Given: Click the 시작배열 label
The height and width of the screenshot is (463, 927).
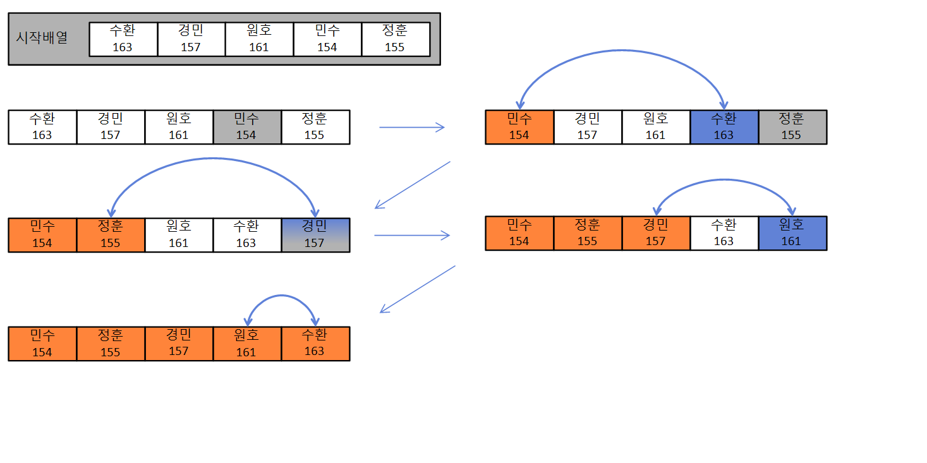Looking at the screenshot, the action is click(x=42, y=37).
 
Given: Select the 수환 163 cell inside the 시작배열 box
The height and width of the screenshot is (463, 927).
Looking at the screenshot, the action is click(x=123, y=39).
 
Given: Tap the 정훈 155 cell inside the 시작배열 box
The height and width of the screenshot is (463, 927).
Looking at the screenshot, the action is click(x=395, y=39).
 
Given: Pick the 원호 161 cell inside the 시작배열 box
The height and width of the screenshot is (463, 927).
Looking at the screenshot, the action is click(x=259, y=39).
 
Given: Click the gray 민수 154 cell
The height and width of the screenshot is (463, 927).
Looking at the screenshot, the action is click(x=246, y=127).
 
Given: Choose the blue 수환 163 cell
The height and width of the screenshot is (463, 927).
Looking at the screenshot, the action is click(x=724, y=127).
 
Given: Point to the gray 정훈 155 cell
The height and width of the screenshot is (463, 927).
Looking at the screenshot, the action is click(x=792, y=127).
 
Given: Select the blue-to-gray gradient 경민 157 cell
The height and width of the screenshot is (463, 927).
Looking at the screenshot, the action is click(x=315, y=235).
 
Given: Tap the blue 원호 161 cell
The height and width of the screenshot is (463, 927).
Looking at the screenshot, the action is click(x=792, y=233).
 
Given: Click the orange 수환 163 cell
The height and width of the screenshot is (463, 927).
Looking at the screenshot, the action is click(x=315, y=344).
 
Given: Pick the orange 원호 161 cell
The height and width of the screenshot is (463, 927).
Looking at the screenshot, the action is click(x=246, y=344).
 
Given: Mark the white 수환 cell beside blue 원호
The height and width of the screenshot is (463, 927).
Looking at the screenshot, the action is click(x=724, y=233).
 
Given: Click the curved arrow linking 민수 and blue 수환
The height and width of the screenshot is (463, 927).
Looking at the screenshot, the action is click(x=622, y=51).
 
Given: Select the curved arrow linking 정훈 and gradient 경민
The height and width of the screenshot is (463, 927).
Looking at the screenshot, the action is click(x=212, y=159).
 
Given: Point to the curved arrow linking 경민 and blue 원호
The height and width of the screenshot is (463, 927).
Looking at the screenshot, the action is click(x=724, y=180).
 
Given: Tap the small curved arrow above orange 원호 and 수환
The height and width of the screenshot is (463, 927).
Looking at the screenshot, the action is click(x=281, y=296).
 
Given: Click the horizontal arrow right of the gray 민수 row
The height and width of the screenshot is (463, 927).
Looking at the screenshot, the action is click(x=412, y=128).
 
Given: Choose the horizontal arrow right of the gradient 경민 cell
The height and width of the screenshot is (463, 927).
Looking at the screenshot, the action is click(x=412, y=236).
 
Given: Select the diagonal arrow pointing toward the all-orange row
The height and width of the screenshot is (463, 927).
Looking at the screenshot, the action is click(x=417, y=289).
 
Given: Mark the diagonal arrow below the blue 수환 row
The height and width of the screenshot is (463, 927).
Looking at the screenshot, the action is click(x=412, y=184).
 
